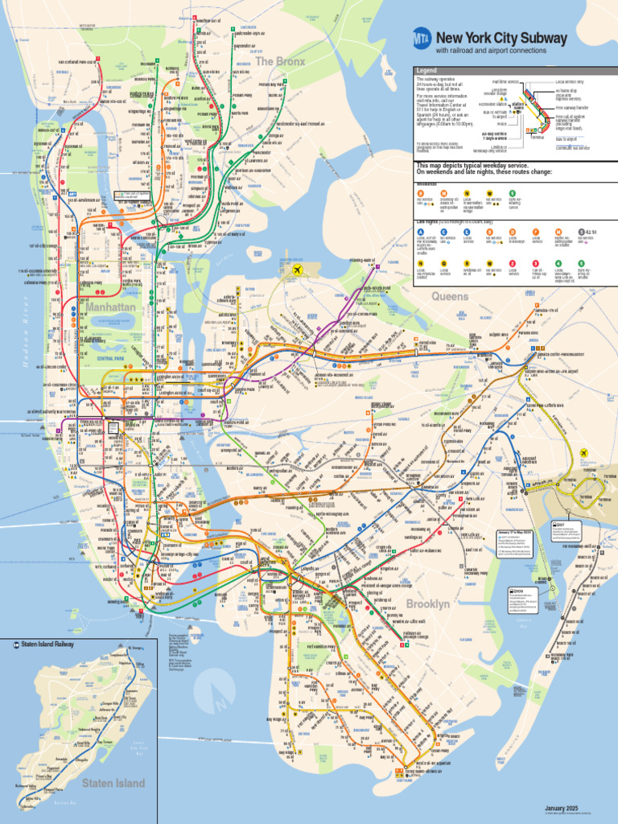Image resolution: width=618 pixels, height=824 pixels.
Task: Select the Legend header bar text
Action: click(426, 71)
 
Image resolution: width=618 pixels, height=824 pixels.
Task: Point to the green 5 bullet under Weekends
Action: click(512, 193)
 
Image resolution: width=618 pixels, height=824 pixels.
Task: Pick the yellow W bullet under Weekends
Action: click(489, 193)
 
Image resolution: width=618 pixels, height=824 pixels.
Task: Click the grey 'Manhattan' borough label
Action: click(110, 307)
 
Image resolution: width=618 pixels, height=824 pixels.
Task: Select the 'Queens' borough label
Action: click(449, 296)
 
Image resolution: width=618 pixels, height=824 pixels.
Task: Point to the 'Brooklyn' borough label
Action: click(427, 604)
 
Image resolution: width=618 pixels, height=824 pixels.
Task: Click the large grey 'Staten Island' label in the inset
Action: click(113, 783)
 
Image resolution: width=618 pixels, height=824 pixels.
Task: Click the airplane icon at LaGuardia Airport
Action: click(299, 270)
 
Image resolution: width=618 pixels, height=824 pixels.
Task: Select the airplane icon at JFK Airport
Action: click(584, 452)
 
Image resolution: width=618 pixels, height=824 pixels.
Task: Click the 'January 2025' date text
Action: click(562, 808)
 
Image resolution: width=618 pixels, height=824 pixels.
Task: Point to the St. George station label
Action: click(135, 648)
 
